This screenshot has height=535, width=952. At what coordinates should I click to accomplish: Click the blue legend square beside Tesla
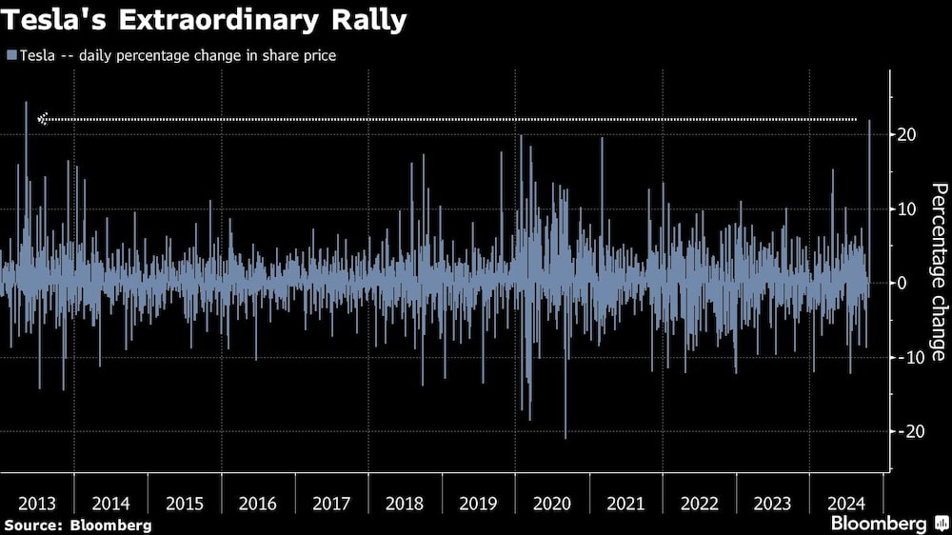pos(10,55)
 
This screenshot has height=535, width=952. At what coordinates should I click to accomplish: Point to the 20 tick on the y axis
pos(906,135)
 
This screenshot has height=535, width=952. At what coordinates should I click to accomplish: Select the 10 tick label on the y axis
pos(906,209)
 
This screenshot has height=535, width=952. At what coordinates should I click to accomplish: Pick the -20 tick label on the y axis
pos(909,431)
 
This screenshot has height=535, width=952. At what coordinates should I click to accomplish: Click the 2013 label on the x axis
pos(36,503)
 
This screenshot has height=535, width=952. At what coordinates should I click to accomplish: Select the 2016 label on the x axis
pos(258,503)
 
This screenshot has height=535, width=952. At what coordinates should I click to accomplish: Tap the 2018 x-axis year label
pos(405,503)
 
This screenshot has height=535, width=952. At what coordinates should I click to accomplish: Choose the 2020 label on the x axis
pos(552,503)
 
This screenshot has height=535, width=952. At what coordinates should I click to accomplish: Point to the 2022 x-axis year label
pos(700,503)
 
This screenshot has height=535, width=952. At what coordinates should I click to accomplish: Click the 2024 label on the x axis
pos(845,503)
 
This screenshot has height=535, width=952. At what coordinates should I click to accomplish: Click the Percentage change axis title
pos(938,271)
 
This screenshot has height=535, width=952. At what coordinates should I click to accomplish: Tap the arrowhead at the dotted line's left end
pos(42,119)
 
